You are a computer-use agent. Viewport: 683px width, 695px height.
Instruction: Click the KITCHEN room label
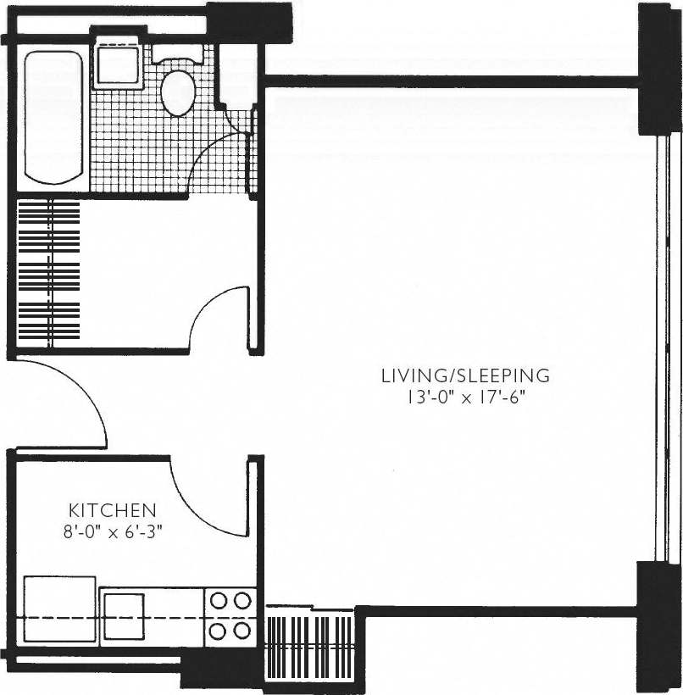click(x=112, y=510)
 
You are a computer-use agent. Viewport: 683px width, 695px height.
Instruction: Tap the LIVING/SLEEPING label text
click(x=465, y=375)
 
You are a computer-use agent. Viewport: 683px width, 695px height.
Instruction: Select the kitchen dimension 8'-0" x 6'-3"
click(x=112, y=532)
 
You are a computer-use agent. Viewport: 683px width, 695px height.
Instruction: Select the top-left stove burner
click(x=219, y=601)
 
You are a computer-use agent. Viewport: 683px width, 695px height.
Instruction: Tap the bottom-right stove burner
click(x=242, y=631)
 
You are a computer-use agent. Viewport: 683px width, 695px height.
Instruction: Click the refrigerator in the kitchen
click(x=58, y=609)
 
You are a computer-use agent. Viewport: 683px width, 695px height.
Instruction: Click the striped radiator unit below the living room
click(x=310, y=644)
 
